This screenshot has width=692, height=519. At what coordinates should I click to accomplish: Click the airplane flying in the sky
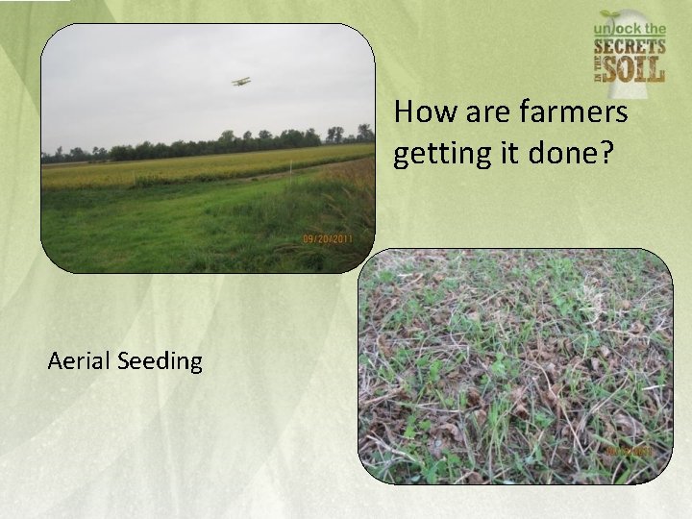point(241,82)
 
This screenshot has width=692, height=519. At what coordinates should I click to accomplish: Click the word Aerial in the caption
point(79,361)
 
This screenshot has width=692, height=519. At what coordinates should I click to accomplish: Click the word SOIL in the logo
point(639,70)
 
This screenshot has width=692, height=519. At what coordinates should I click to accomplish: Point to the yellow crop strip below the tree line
point(192,169)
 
